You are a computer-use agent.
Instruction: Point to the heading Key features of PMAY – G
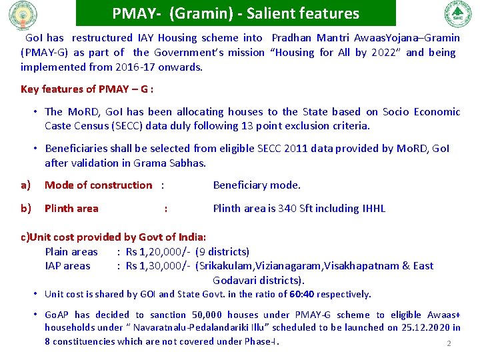87,89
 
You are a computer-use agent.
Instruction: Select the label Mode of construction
98,185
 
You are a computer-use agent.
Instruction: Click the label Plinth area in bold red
71,209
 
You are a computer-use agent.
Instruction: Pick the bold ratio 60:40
301,294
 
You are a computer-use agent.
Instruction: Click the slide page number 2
449,344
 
